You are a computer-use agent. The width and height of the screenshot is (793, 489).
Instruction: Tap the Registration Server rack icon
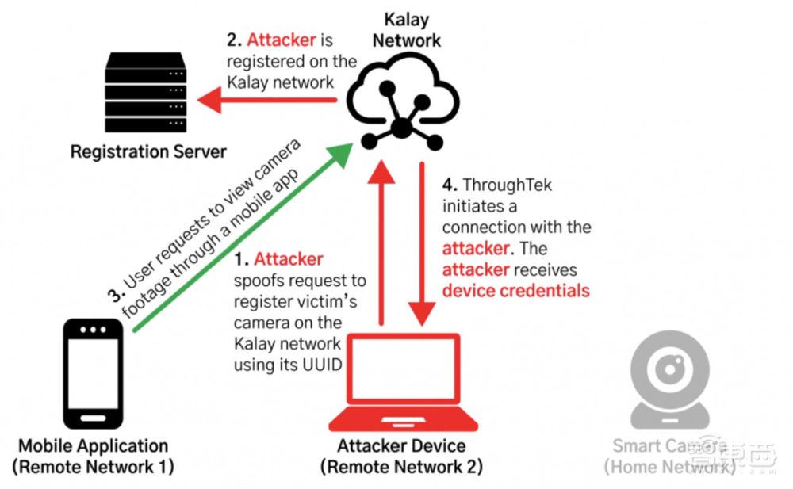[x=147, y=94]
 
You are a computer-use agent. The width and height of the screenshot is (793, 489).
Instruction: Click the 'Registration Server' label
[x=148, y=151]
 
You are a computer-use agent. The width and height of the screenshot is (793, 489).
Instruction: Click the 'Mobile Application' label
[x=93, y=445]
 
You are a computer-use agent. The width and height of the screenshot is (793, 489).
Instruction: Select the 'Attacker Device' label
[x=401, y=445]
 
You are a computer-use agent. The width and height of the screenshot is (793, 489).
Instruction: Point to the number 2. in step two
[x=234, y=38]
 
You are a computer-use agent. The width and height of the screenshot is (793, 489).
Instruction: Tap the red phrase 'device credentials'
[x=516, y=290]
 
